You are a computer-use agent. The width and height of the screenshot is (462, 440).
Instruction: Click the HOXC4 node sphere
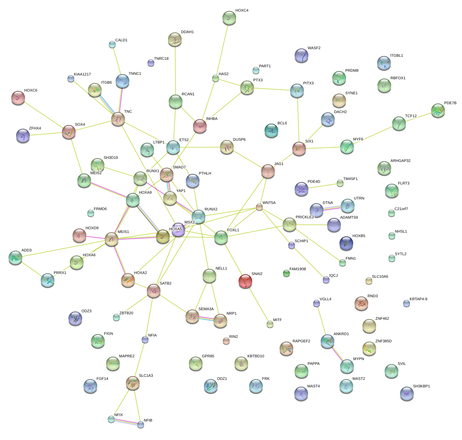(x=229, y=18)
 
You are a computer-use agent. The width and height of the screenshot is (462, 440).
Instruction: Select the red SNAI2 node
(x=245, y=281)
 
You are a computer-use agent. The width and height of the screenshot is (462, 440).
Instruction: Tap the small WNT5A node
(x=259, y=207)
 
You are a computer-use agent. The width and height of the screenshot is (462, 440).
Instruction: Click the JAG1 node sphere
(x=268, y=171)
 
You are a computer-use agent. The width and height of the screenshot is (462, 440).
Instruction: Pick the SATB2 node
(x=154, y=291)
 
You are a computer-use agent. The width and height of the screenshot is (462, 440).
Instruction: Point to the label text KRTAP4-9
(x=418, y=299)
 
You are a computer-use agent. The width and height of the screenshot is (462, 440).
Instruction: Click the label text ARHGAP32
(x=400, y=161)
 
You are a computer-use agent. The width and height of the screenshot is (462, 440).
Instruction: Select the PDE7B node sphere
(x=438, y=110)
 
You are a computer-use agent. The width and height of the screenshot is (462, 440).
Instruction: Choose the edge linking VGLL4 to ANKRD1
(x=322, y=321)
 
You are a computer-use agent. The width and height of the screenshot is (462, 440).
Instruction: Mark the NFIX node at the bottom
(x=111, y=419)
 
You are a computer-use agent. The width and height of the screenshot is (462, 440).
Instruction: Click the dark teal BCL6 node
(x=271, y=130)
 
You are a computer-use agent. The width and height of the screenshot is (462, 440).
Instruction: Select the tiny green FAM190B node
(x=286, y=273)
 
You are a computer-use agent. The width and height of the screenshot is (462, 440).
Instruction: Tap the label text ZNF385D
(x=383, y=341)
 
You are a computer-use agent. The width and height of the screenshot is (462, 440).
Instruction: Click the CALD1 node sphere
(x=112, y=44)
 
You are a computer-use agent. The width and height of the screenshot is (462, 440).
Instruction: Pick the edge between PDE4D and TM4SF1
(x=322, y=186)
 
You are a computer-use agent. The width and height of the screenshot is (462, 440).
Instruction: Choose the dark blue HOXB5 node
(x=346, y=243)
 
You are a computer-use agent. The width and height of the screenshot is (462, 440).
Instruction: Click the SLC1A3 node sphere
(x=132, y=383)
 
